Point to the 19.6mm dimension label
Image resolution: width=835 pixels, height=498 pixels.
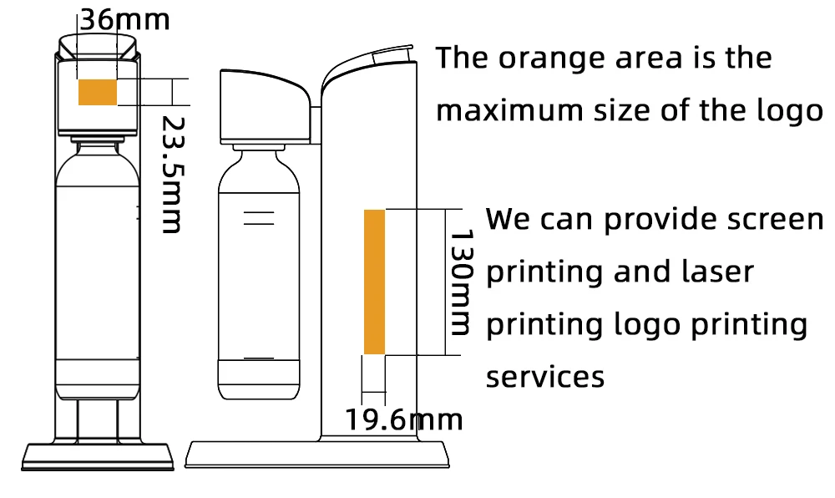(405, 419)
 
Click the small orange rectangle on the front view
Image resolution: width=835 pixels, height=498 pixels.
(97, 92)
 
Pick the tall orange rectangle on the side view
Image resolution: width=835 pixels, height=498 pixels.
(374, 282)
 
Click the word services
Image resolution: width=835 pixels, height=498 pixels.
(545, 377)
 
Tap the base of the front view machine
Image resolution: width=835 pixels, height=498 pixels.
(97, 456)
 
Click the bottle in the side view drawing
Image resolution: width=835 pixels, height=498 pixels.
(258, 276)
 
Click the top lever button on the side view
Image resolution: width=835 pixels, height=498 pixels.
(393, 54)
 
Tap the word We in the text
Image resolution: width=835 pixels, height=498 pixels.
(509, 219)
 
